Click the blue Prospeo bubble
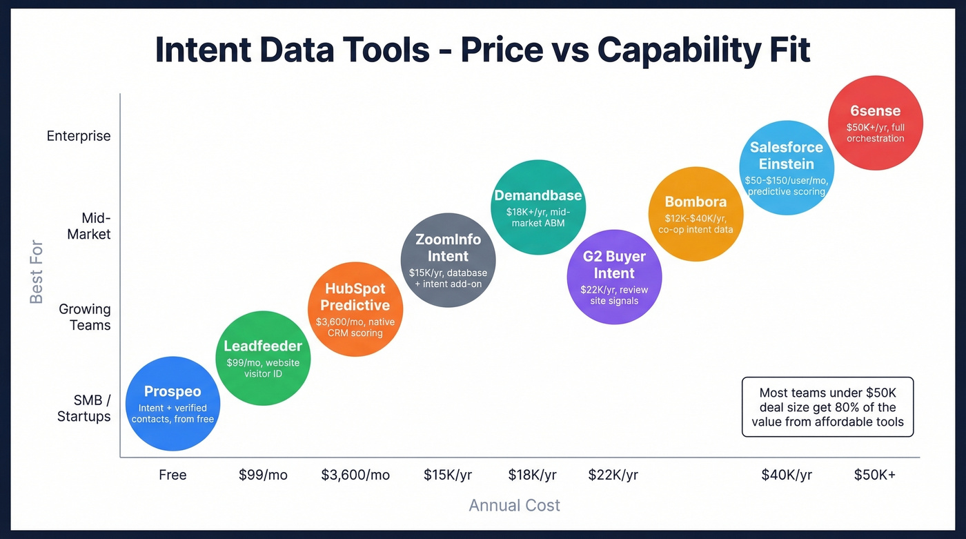point(172,404)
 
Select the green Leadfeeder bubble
point(263,358)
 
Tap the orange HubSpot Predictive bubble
point(355,309)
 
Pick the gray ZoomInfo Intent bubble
point(448,259)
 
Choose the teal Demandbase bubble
point(538,207)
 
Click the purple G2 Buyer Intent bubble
point(614,276)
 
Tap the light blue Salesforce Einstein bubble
point(787,167)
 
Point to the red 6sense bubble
point(875,123)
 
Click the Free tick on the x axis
point(172,475)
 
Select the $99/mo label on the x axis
point(263,475)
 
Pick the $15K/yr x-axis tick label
point(448,475)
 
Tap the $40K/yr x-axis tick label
point(787,475)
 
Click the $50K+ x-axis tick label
point(875,475)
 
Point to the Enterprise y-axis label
point(79,136)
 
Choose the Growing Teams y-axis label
point(85,317)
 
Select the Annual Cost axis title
point(514,505)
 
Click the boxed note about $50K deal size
point(827,406)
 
